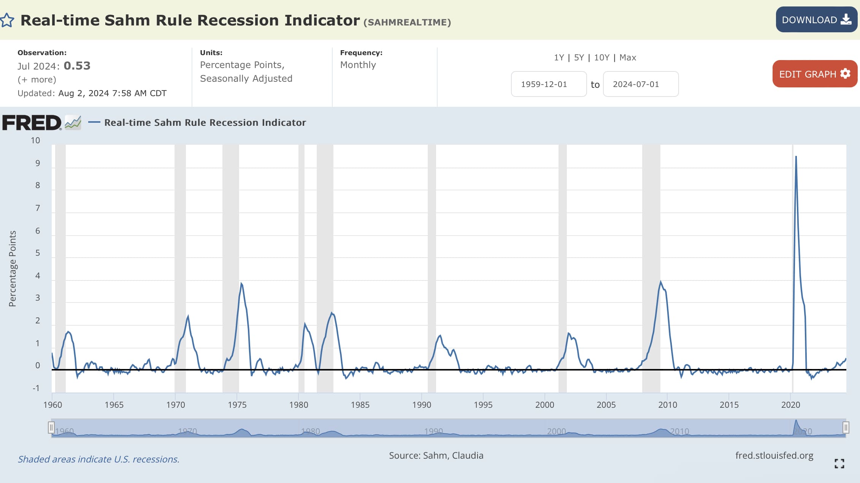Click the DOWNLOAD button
pyautogui.click(x=816, y=20)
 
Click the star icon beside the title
pyautogui.click(x=7, y=20)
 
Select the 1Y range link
pyautogui.click(x=559, y=57)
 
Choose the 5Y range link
pyautogui.click(x=579, y=57)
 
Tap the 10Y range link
pyautogui.click(x=601, y=57)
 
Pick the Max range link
pyautogui.click(x=627, y=57)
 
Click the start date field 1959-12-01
pyautogui.click(x=548, y=84)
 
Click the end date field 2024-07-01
pyautogui.click(x=640, y=84)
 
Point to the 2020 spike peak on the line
pyautogui.click(x=796, y=157)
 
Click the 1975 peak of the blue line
pyautogui.click(x=241, y=283)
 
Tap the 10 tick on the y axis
pyautogui.click(x=35, y=141)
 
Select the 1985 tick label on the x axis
pyautogui.click(x=360, y=405)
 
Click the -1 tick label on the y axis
pyautogui.click(x=36, y=388)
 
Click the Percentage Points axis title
pyautogui.click(x=13, y=268)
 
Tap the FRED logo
pyautogui.click(x=32, y=123)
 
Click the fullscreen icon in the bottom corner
pyautogui.click(x=839, y=463)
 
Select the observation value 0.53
pyautogui.click(x=77, y=66)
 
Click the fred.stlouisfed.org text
pyautogui.click(x=774, y=455)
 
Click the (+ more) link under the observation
pyautogui.click(x=37, y=79)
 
